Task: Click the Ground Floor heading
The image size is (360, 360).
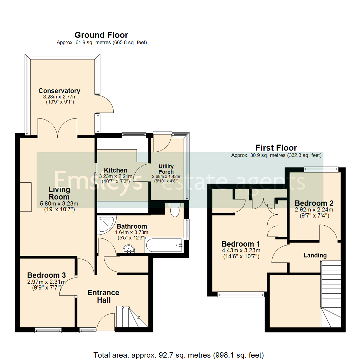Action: [x=101, y=35]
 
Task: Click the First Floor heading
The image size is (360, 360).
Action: [x=276, y=148]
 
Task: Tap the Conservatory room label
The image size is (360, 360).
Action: [x=59, y=91]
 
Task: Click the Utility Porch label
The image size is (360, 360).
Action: [x=166, y=169]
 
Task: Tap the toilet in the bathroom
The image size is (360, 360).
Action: [x=175, y=210]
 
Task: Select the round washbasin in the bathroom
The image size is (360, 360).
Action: [x=128, y=249]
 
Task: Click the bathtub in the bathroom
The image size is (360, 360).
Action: [x=164, y=246]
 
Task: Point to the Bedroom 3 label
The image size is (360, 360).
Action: [x=46, y=275]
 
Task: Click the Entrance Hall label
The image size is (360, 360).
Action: [x=103, y=296]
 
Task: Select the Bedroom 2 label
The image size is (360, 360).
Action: [x=314, y=203]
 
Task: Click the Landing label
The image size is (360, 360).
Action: [x=315, y=255]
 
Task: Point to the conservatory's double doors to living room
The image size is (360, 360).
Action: [x=58, y=128]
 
